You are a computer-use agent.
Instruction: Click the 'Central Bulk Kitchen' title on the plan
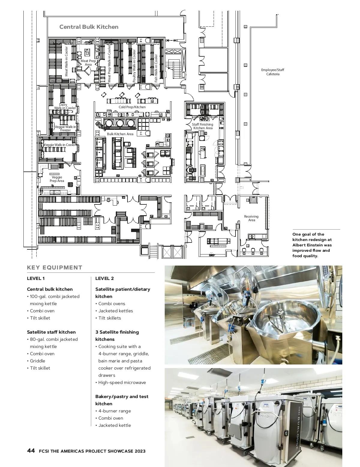89,27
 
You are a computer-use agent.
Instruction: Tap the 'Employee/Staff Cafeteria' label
273,72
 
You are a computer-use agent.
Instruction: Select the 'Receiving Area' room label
251,218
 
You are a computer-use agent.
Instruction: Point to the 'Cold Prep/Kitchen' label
132,107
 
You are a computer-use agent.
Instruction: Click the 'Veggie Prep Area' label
57,179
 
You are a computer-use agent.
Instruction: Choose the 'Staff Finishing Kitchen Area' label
202,126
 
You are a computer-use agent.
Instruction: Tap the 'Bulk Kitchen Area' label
120,134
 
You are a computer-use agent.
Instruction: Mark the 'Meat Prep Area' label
88,63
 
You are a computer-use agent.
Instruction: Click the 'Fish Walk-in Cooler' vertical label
156,68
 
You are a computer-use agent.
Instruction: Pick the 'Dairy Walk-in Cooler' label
65,106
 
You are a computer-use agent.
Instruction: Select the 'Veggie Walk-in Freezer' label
65,129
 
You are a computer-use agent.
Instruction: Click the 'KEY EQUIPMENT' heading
55,268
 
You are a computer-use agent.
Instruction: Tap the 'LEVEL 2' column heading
104,278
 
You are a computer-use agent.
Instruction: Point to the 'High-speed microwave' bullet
122,382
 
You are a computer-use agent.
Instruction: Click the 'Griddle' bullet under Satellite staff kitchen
37,361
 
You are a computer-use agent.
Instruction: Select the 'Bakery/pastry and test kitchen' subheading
122,400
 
